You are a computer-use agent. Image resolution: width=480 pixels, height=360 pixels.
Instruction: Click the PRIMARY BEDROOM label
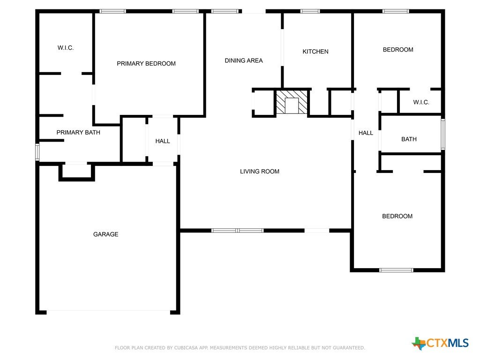click(146, 64)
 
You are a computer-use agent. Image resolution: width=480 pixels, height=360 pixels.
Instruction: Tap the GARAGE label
click(105, 234)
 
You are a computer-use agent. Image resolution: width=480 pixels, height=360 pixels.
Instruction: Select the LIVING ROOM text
click(260, 172)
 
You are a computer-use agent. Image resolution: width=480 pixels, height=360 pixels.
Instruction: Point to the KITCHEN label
click(315, 52)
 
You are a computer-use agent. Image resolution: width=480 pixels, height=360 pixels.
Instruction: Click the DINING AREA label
click(244, 60)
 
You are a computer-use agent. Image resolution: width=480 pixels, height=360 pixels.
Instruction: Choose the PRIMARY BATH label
click(78, 133)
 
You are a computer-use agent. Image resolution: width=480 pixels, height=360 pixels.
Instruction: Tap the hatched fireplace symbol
click(292, 102)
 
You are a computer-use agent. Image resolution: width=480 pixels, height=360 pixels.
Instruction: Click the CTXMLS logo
click(440, 343)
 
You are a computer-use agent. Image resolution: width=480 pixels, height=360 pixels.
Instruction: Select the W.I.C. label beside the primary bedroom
click(66, 48)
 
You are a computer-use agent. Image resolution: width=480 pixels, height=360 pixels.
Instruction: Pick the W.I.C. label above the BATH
click(421, 102)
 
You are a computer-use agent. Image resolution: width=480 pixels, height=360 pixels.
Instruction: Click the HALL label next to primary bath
click(163, 141)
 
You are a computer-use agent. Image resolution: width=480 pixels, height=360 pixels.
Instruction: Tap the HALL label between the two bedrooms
click(366, 133)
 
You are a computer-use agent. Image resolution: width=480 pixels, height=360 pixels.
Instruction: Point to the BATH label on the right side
click(409, 139)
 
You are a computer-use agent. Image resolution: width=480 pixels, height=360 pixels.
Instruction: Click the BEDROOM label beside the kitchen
click(398, 50)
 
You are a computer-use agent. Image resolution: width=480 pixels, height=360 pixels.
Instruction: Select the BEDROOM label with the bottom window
click(397, 216)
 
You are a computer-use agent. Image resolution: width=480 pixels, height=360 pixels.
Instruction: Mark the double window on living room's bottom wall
click(238, 231)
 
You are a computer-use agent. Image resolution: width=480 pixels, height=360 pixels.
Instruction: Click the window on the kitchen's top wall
click(310, 11)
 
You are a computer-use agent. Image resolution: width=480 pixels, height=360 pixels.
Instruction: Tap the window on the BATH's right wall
click(442, 135)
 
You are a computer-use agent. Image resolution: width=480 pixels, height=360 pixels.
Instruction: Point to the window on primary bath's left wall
click(37, 152)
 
